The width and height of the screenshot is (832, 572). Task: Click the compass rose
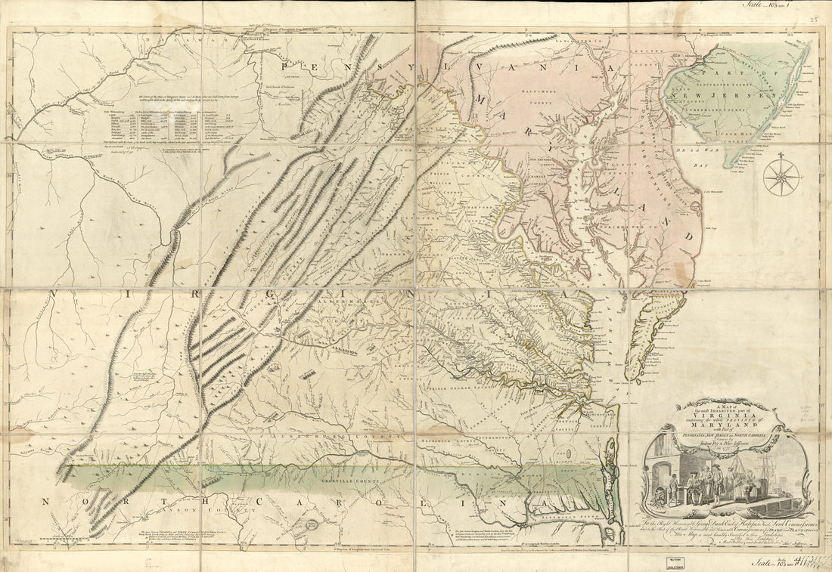[782, 178]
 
